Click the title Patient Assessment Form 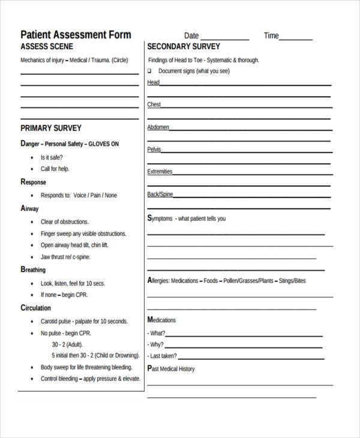point(76,34)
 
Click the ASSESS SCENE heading point(47,47)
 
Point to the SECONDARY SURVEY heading point(184,47)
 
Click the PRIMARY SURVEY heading point(51,128)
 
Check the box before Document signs point(150,71)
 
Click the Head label point(154,83)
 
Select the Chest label point(154,105)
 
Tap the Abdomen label point(158,127)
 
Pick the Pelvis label point(154,149)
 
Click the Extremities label point(160,172)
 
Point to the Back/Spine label point(160,194)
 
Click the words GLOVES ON point(104,144)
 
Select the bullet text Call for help point(55,169)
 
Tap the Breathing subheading point(33,270)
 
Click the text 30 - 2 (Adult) point(67,344)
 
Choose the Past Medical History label point(171,368)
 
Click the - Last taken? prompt point(165,356)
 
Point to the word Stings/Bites point(292,281)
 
